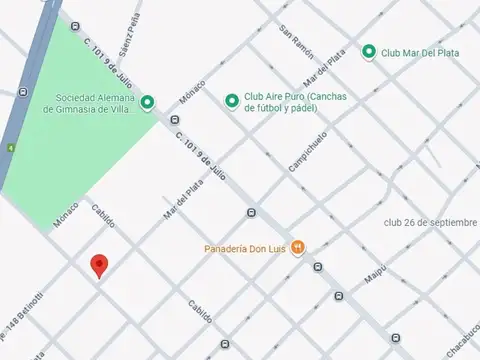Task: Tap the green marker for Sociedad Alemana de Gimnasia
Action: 147,101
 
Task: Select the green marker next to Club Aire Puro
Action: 232,100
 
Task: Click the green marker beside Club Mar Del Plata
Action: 368,51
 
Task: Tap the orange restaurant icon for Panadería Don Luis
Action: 297,250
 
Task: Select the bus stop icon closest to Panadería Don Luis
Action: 317,267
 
